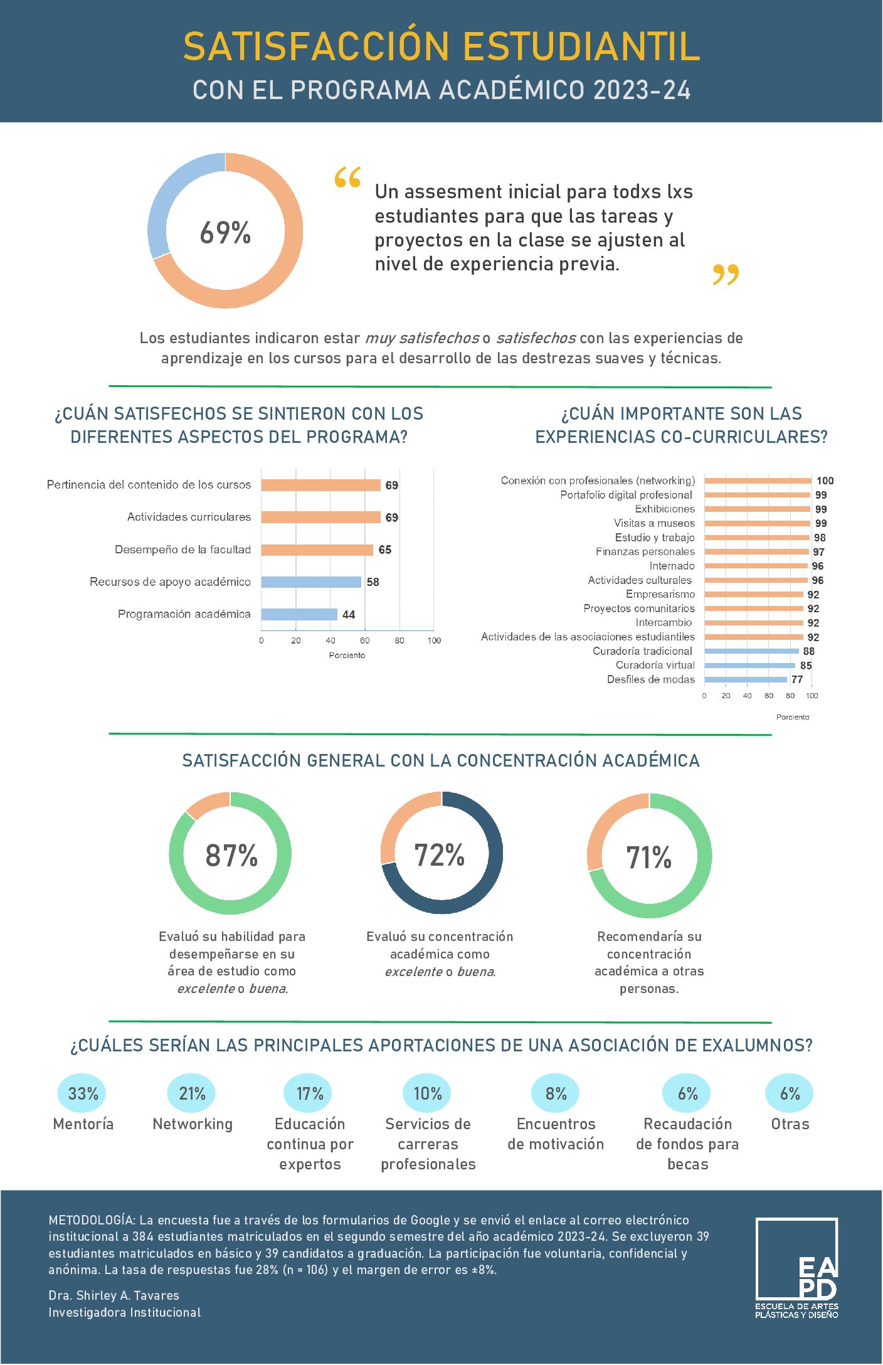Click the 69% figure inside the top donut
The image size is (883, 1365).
point(225,232)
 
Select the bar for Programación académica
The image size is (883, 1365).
point(299,614)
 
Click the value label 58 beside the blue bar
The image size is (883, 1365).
point(373,582)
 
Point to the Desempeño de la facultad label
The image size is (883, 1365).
point(182,550)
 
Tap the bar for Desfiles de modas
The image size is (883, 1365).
point(745,679)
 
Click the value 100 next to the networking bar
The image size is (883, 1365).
point(825,481)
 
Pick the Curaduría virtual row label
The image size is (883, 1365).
point(655,665)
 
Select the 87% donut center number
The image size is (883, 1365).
point(231,856)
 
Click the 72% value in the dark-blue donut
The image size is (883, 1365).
point(440,855)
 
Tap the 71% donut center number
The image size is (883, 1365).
point(649,858)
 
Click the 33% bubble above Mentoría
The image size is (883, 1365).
point(83,1093)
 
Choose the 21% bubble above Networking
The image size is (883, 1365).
point(192,1093)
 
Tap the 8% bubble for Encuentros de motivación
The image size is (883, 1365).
point(556,1093)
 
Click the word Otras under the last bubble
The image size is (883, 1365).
point(790,1123)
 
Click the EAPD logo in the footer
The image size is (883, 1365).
point(796,1267)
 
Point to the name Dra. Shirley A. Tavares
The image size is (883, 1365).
point(114,1295)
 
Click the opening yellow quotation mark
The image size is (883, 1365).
point(347,178)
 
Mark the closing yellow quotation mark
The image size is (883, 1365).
point(726,274)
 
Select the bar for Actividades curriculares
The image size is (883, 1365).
point(320,517)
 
